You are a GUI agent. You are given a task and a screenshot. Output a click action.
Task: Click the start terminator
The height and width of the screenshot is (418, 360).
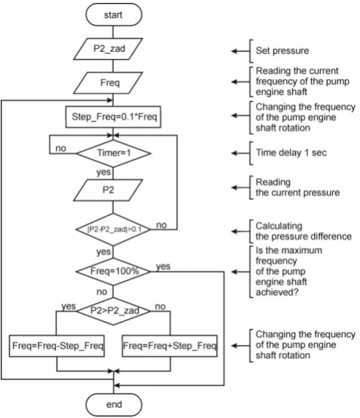click(114, 15)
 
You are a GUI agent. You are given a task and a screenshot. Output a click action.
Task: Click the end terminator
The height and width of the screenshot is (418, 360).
click(114, 404)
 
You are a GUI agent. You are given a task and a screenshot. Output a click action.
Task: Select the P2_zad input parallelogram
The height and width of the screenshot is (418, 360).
click(108, 49)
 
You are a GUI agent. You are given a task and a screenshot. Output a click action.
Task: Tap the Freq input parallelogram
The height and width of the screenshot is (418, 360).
click(108, 83)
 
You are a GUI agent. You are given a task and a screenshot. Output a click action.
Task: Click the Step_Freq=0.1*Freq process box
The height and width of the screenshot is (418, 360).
click(113, 117)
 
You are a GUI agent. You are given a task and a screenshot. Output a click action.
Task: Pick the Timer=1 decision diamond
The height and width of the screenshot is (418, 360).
click(113, 153)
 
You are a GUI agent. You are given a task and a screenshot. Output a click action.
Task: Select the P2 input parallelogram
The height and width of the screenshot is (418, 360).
click(108, 190)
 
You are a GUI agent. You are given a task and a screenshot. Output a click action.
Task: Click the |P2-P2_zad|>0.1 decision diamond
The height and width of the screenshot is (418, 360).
click(113, 229)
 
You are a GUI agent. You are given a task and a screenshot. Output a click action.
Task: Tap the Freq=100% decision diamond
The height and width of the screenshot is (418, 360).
click(113, 271)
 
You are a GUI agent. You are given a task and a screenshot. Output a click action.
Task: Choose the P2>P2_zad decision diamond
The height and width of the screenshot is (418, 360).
click(113, 311)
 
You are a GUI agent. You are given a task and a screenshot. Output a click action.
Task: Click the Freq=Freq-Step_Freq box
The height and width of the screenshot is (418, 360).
click(57, 346)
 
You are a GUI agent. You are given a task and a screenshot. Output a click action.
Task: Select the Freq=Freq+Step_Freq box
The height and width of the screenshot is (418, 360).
click(169, 346)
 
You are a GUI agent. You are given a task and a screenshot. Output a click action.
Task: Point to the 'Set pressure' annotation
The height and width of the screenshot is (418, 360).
click(283, 50)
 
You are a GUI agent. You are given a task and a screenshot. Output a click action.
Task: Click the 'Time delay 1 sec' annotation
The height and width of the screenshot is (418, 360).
click(291, 152)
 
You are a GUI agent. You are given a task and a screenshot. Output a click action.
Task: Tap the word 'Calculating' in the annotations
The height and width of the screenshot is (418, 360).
click(279, 226)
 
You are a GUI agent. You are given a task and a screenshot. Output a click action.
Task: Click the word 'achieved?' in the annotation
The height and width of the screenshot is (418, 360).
click(277, 293)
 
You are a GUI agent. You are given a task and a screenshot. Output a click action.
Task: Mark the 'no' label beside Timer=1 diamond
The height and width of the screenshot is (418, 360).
click(61, 148)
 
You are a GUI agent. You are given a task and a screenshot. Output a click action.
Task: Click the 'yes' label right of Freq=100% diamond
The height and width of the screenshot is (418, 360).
click(163, 266)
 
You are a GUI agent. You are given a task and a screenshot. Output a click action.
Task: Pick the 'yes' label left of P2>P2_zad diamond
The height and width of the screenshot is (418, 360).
click(69, 306)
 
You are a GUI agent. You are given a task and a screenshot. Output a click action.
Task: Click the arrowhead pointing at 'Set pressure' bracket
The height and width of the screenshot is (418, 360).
click(234, 51)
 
